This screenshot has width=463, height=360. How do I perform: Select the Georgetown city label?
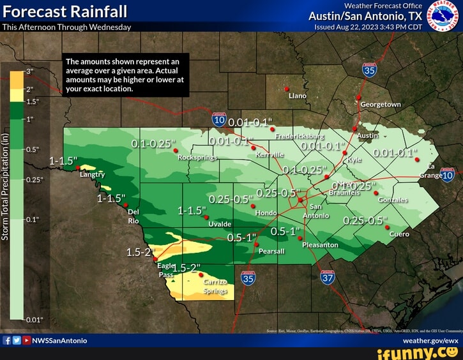(381, 104)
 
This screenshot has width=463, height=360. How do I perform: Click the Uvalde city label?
(220, 224)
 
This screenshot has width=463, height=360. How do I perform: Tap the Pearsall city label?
(271, 251)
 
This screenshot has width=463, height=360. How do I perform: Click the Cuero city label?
(399, 234)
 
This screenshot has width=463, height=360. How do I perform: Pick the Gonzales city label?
(393, 200)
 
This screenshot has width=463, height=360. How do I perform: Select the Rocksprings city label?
(196, 156)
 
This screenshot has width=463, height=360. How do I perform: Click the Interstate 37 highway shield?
(328, 278)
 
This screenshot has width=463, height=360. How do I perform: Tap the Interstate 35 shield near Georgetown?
(369, 70)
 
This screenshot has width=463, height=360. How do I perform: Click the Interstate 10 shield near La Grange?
(447, 175)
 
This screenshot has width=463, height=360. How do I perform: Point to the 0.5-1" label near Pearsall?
(241, 237)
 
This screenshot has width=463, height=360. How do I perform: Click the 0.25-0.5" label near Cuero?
(365, 221)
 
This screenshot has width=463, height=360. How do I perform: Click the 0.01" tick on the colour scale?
(34, 319)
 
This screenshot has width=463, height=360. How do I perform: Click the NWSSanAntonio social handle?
(59, 340)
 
